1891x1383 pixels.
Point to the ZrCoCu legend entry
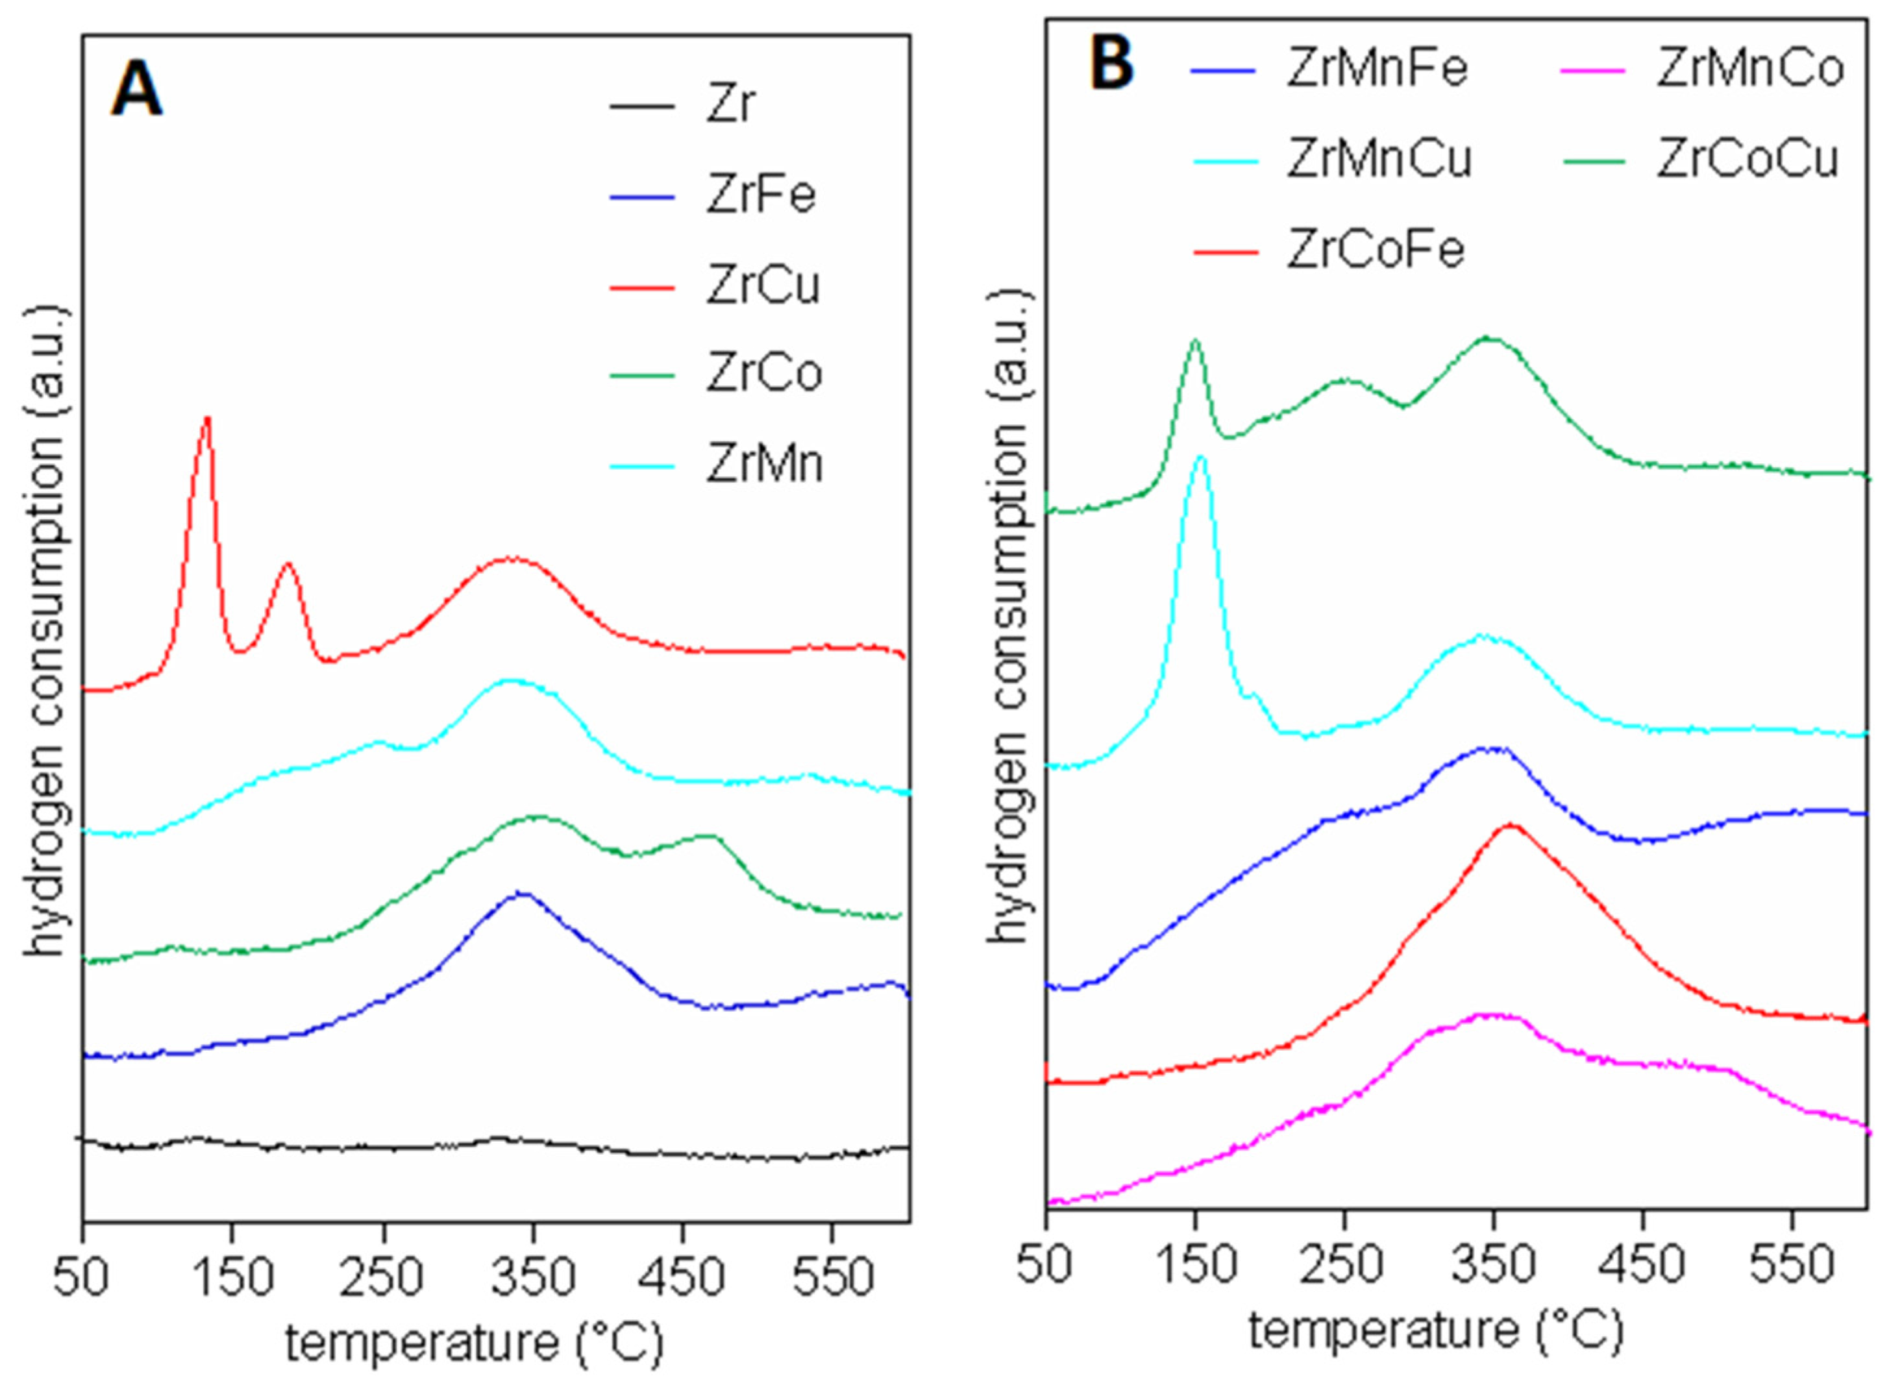(x=1746, y=160)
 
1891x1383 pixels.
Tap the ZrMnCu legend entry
(x=1378, y=160)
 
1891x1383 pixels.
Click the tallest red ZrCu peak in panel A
(x=207, y=418)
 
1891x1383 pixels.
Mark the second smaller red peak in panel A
(x=288, y=563)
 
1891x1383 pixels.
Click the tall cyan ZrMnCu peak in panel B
(x=1202, y=457)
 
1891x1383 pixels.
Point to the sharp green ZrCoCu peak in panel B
(x=1195, y=340)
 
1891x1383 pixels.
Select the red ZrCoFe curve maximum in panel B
(x=1510, y=826)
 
